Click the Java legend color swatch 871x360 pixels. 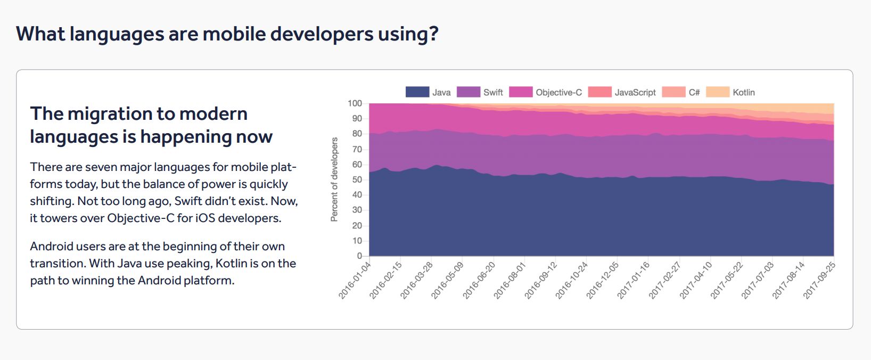pos(417,92)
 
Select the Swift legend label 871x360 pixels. pos(493,92)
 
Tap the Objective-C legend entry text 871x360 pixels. pos(558,92)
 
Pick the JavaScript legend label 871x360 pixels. pos(635,92)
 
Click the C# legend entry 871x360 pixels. pos(694,92)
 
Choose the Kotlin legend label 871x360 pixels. pos(743,92)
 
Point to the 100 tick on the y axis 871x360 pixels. pos(355,103)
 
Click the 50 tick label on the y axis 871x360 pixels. pos(357,180)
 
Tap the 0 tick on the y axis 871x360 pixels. pos(359,256)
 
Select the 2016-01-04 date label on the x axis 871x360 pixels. pos(355,280)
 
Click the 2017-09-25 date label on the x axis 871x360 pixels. pos(819,280)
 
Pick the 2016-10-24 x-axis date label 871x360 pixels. pos(572,280)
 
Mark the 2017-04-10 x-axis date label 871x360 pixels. pos(696,280)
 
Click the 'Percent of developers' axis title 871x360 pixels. pos(334,179)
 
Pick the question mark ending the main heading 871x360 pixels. pos(434,34)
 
